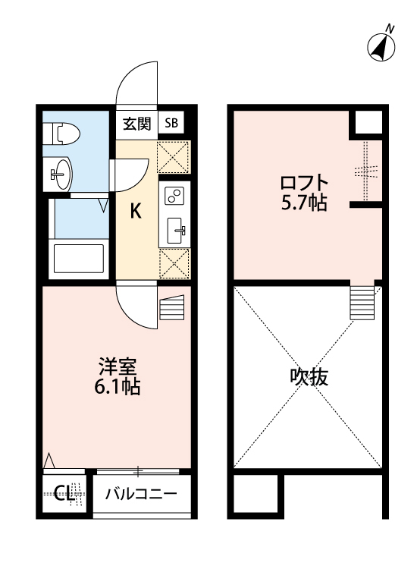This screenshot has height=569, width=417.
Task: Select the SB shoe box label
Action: coord(172,124)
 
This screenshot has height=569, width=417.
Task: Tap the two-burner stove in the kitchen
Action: coord(174,196)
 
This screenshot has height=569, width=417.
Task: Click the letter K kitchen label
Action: coord(136,212)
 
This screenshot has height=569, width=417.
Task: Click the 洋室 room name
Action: coord(118,366)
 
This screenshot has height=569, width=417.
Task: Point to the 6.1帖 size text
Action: coord(118,387)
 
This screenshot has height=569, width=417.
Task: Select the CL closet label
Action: coord(64,494)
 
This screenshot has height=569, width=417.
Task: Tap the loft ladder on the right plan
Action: coord(362,301)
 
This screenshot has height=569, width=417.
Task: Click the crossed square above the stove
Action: coord(174,159)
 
